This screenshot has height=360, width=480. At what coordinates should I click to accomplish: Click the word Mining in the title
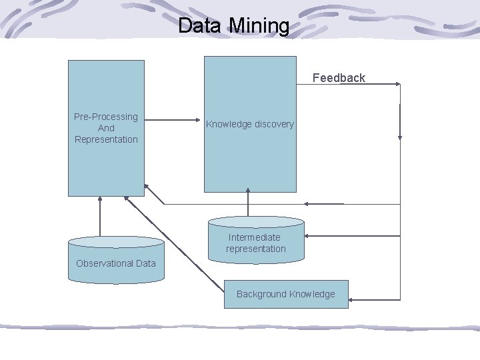point(259,26)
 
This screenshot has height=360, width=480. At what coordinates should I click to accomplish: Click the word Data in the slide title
point(201,26)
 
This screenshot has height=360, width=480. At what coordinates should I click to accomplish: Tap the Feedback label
point(339,78)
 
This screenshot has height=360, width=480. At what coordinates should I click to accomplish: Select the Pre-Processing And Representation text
point(106,128)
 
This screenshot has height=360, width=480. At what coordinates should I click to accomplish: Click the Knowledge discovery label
point(250,125)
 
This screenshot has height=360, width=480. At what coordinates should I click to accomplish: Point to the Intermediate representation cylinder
point(256,240)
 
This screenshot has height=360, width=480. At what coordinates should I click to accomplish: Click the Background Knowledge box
point(285,294)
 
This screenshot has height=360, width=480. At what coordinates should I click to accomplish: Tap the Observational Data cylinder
point(116,257)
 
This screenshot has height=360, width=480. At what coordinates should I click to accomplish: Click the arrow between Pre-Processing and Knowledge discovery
point(173,121)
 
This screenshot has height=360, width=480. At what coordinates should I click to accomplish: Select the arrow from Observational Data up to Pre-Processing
point(100,217)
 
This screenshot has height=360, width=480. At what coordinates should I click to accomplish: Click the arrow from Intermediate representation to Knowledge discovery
point(247,204)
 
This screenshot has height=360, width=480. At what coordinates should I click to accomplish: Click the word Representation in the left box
point(106,139)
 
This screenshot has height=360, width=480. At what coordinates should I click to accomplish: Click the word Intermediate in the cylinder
point(255,237)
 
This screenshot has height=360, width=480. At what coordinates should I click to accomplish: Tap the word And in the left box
point(106,128)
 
